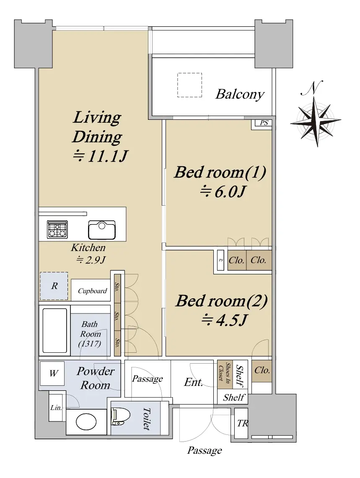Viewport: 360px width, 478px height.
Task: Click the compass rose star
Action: [316, 121]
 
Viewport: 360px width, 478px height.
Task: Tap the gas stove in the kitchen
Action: [57, 229]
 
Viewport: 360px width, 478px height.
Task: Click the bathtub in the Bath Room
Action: [54, 331]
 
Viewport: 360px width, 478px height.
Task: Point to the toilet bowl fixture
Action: [121, 416]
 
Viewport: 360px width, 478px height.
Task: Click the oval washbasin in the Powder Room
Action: [86, 422]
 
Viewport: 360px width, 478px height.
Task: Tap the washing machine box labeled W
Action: [52, 373]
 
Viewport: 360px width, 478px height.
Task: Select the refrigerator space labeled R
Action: [54, 286]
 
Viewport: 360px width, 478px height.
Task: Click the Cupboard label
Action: [93, 291]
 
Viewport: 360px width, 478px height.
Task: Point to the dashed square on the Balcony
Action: [190, 85]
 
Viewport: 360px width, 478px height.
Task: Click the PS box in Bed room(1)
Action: [264, 123]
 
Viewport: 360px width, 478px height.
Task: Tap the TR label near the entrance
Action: [243, 423]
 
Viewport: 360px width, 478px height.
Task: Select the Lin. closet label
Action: [56, 408]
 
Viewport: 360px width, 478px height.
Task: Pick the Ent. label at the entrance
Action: [194, 382]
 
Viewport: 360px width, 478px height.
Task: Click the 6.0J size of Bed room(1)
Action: [223, 191]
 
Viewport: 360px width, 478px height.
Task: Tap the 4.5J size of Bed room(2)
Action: [224, 320]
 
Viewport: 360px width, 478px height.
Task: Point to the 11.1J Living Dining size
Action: [101, 156]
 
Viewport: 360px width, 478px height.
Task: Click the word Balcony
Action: [240, 94]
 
